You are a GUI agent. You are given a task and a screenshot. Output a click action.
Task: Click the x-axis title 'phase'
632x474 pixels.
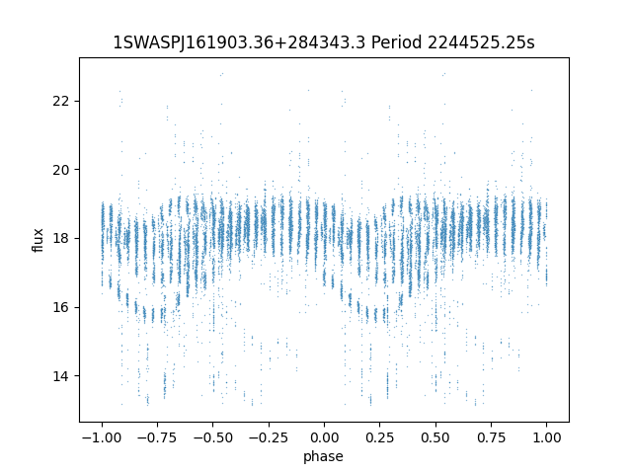click(x=324, y=456)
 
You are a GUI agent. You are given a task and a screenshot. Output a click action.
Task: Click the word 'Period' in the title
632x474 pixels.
click(x=395, y=42)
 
